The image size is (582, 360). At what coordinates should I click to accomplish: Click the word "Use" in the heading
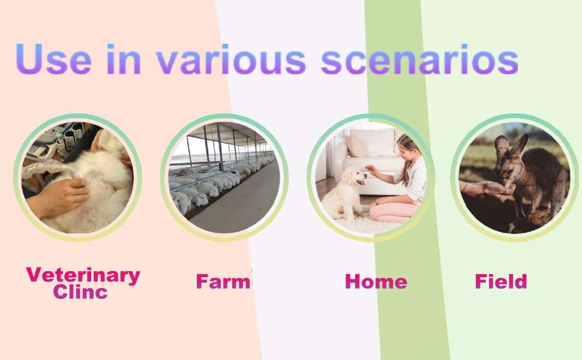point(53,59)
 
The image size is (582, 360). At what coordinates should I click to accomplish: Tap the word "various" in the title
point(231,59)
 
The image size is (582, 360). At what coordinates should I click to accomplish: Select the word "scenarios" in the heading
point(419,59)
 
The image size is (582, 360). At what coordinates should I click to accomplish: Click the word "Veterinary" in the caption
point(83,275)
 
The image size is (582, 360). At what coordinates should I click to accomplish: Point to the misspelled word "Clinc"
point(80,292)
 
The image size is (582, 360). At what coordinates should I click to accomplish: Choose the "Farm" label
point(223,281)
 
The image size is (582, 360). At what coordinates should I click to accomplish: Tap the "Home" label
point(376,281)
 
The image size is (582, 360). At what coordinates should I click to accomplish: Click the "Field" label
point(501,281)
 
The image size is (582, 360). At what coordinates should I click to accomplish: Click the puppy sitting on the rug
point(344,193)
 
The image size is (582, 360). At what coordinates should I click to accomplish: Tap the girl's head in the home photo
point(408,146)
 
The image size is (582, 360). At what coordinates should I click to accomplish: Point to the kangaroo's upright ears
point(511,146)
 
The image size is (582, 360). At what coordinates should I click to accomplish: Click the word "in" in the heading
point(124,59)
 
